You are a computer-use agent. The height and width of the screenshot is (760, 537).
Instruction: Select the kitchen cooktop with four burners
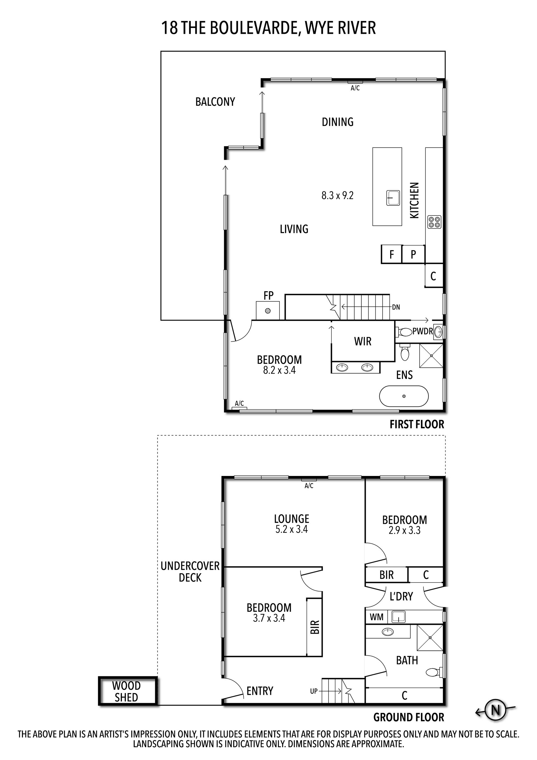point(434,222)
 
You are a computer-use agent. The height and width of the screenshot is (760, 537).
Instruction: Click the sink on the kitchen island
point(393,198)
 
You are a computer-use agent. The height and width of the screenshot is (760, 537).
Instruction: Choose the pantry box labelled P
point(413,254)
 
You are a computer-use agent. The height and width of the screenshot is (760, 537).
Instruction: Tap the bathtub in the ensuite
point(404,396)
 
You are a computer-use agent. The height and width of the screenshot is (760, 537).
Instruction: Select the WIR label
point(363,341)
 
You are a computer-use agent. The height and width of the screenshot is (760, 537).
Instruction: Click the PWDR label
point(423,331)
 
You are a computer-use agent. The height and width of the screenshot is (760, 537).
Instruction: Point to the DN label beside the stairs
point(396,307)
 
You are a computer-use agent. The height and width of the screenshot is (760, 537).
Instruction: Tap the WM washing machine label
point(376,617)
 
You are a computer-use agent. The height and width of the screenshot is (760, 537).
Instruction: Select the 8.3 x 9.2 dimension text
point(338,196)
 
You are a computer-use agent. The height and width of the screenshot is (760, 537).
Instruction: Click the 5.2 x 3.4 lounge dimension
point(291,529)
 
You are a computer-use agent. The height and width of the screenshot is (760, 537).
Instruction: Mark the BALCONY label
point(215,102)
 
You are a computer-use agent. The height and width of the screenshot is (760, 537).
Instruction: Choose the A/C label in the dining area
point(355,88)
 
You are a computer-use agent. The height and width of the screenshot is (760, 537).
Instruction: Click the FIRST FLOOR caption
point(417,424)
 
